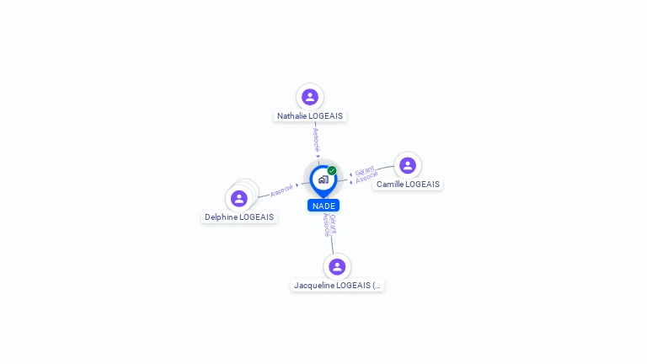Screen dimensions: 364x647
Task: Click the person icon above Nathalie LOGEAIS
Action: pyautogui.click(x=310, y=97)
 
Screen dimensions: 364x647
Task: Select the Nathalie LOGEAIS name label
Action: pyautogui.click(x=310, y=116)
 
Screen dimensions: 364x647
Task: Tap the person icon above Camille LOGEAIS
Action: pyautogui.click(x=408, y=165)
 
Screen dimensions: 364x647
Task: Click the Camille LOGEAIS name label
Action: pyautogui.click(x=408, y=185)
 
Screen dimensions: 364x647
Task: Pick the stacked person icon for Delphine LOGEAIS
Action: pyautogui.click(x=239, y=198)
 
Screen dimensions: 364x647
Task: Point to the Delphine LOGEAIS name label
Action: pyautogui.click(x=239, y=217)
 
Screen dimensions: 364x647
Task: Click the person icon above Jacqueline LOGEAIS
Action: pyautogui.click(x=337, y=266)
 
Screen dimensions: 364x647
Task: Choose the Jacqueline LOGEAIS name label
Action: pyautogui.click(x=337, y=286)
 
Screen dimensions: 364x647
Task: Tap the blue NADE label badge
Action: pyautogui.click(x=323, y=206)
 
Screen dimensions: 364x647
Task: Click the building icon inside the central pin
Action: pyautogui.click(x=323, y=179)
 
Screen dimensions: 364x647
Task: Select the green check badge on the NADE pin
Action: pyautogui.click(x=332, y=170)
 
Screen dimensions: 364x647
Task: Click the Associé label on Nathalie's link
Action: pyautogui.click(x=317, y=139)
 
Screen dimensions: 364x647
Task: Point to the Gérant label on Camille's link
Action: pyautogui.click(x=364, y=171)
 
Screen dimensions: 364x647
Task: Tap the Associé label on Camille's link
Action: pyautogui.click(x=367, y=179)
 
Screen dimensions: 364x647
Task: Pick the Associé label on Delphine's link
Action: pyautogui.click(x=281, y=190)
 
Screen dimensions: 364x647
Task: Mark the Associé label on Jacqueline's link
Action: pyautogui.click(x=326, y=225)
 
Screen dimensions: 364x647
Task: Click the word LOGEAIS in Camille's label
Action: pyautogui.click(x=422, y=185)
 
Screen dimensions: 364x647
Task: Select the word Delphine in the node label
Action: pyautogui.click(x=222, y=217)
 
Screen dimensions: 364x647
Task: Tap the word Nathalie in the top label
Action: pyautogui.click(x=292, y=116)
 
